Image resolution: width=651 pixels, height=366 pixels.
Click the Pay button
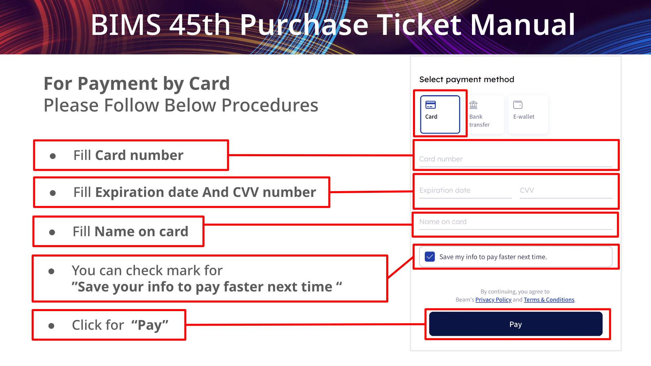point(515,324)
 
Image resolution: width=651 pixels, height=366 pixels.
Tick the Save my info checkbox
point(430,257)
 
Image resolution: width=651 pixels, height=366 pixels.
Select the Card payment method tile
point(440,115)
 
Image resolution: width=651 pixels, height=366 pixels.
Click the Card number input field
point(515,159)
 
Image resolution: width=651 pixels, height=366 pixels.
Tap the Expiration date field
point(465,190)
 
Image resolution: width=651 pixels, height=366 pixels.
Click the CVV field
point(565,190)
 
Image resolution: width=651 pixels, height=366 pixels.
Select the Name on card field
point(515,222)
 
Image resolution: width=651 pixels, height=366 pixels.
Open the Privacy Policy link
point(493,300)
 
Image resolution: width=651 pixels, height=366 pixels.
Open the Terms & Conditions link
point(549,300)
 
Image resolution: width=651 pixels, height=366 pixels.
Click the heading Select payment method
point(467,79)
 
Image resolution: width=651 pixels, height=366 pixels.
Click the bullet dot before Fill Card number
point(53,156)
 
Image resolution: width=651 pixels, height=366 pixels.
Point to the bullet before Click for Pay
point(51,326)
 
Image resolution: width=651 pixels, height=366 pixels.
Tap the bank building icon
point(473,105)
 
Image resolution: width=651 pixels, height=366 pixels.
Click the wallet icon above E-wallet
point(518,105)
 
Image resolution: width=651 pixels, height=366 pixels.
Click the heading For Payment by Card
point(137,83)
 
